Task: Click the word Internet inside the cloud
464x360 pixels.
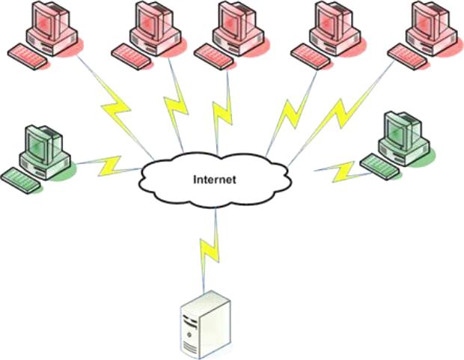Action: (x=215, y=180)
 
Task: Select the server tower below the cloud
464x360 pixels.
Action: (x=206, y=325)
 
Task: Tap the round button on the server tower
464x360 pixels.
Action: (x=189, y=335)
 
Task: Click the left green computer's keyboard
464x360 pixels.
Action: (x=20, y=180)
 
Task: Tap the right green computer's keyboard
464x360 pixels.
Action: (x=380, y=166)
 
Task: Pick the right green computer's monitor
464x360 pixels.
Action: (x=403, y=130)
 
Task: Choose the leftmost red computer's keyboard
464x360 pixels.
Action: (x=27, y=56)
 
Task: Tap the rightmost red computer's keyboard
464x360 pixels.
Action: (x=407, y=57)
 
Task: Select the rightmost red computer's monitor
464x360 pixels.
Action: (x=430, y=20)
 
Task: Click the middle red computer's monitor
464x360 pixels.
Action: (x=237, y=20)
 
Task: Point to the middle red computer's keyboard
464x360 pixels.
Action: (x=213, y=57)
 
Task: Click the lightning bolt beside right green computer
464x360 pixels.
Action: (x=344, y=171)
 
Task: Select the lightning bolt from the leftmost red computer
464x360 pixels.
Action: (x=116, y=108)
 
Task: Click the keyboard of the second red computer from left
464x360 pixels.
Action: (x=131, y=57)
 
